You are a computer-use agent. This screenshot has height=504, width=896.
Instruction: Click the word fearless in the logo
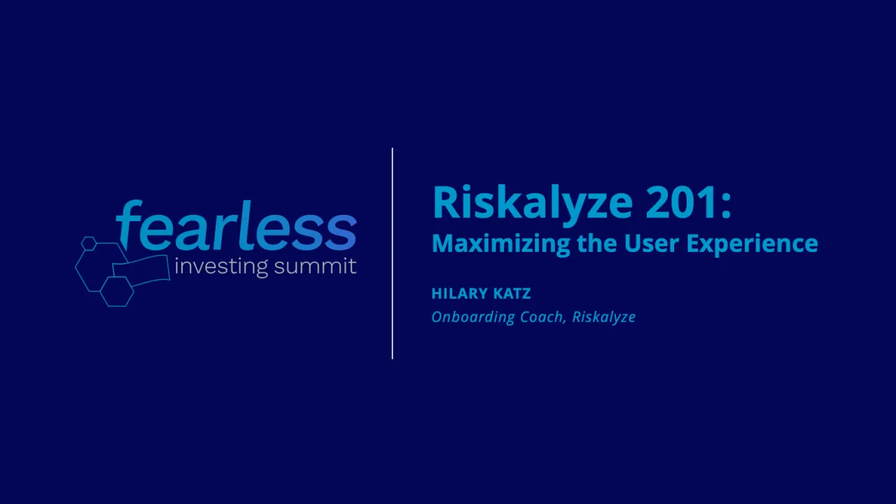point(237,227)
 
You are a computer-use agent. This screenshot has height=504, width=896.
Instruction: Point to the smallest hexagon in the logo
point(88,244)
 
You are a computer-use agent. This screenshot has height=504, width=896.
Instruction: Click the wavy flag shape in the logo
point(141,269)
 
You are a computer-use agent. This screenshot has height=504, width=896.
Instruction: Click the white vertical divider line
point(393,253)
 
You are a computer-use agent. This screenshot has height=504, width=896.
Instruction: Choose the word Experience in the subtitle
point(752,244)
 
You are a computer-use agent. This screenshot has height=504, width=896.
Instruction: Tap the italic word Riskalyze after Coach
point(603,317)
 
